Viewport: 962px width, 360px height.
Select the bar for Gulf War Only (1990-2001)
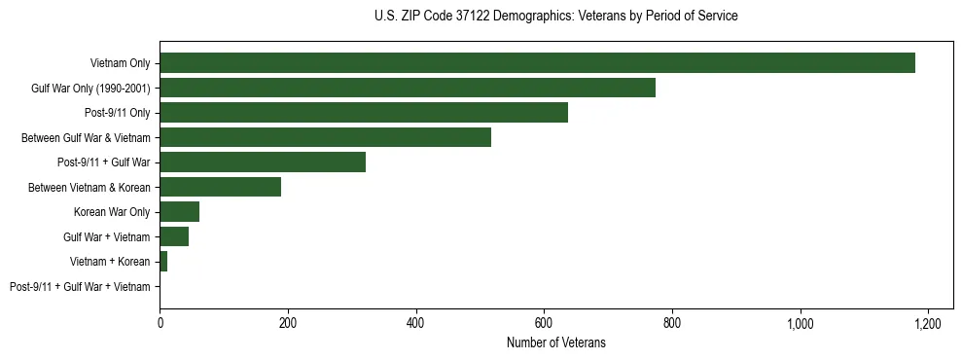pyautogui.click(x=408, y=88)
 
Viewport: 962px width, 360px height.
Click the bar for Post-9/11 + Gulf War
pyautogui.click(x=263, y=162)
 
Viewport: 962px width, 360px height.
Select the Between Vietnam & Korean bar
pyautogui.click(x=220, y=187)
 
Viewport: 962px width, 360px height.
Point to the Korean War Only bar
pyautogui.click(x=179, y=212)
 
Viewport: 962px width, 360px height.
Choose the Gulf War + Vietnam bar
pyautogui.click(x=174, y=236)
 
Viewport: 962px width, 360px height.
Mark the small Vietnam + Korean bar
pyautogui.click(x=163, y=262)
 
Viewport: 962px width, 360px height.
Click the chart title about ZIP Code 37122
pyautogui.click(x=555, y=17)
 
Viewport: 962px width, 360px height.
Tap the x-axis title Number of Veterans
pyautogui.click(x=555, y=342)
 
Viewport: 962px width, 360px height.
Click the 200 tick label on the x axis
pyautogui.click(x=288, y=323)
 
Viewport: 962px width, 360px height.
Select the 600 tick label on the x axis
pyautogui.click(x=544, y=323)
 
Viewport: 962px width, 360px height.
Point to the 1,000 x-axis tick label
pyautogui.click(x=800, y=323)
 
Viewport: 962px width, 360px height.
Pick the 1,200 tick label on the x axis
pyautogui.click(x=928, y=323)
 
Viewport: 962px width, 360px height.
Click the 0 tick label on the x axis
pyautogui.click(x=160, y=323)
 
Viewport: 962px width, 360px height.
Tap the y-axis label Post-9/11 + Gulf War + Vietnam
pyautogui.click(x=80, y=287)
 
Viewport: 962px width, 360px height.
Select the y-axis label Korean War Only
pyautogui.click(x=112, y=212)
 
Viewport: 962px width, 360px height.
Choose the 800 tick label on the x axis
pyautogui.click(x=672, y=323)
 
